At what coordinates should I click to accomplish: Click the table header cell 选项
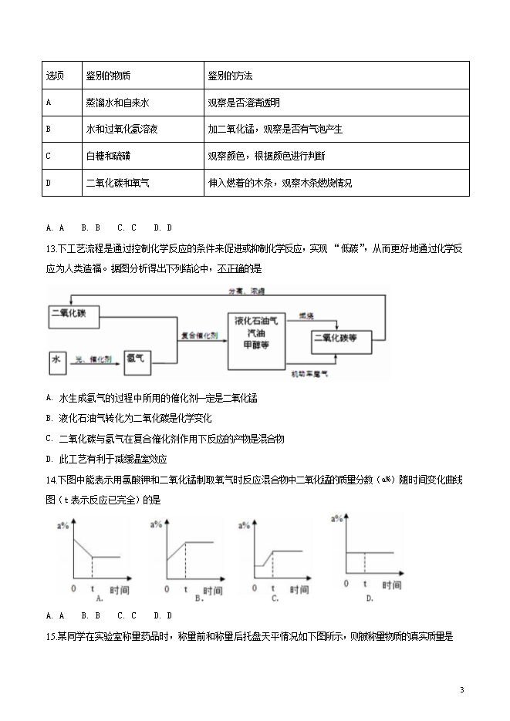[x=55, y=77]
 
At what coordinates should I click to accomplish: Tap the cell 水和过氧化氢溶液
[x=123, y=130]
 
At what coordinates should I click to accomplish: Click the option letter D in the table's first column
[x=49, y=183]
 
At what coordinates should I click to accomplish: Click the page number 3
[x=461, y=689]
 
